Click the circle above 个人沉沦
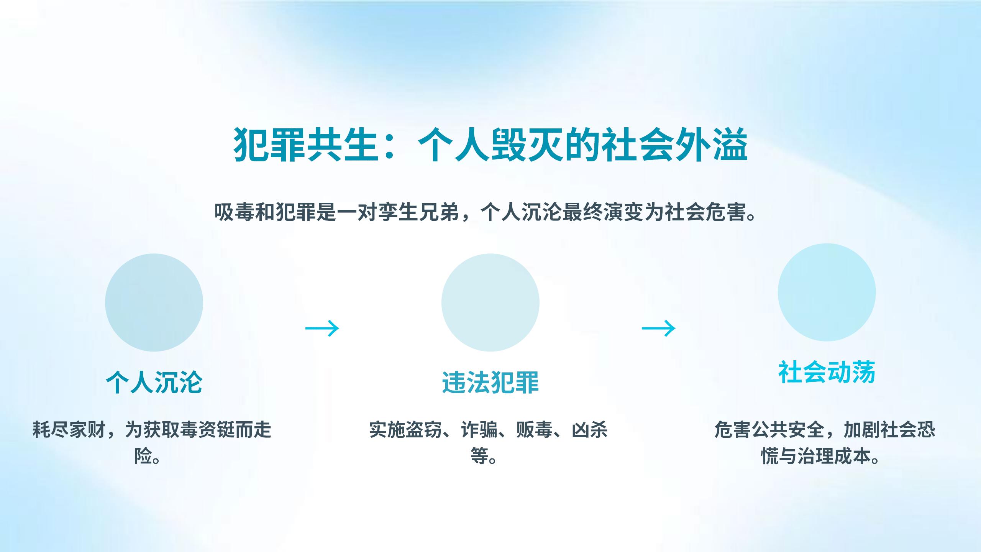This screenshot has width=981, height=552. point(154,302)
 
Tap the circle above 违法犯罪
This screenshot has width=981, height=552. point(490,302)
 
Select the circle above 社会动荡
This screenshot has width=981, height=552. point(827,292)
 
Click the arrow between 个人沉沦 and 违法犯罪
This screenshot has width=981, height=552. point(322,328)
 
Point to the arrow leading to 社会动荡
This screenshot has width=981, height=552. point(659,328)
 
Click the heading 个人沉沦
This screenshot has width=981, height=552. point(154,382)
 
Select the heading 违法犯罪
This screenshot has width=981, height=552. point(490,382)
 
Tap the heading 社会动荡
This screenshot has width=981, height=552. point(827,372)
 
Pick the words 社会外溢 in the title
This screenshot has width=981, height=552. point(675,145)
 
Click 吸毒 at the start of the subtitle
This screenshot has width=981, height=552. point(234,212)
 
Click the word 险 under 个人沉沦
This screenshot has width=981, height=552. point(143,456)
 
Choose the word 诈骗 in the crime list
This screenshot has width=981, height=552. point(479,430)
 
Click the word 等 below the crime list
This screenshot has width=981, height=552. point(479,456)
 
